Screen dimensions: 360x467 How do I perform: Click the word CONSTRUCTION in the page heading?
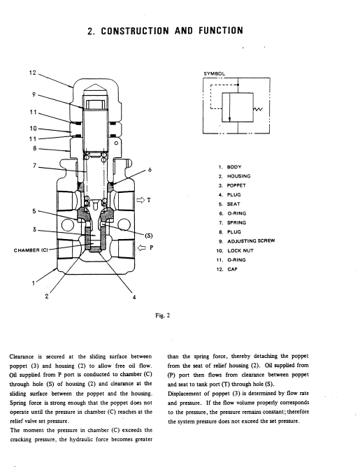tap(135, 31)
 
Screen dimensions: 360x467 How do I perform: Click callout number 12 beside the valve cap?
tap(32, 73)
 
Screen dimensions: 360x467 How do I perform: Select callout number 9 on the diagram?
tap(34, 94)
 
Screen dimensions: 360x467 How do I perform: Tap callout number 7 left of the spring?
tap(34, 165)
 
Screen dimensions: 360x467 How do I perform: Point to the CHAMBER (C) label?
tap(31, 250)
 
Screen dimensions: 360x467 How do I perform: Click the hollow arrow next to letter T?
tap(141, 200)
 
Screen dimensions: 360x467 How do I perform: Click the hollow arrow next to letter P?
tap(141, 247)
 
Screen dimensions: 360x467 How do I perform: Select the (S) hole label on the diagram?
tap(149, 236)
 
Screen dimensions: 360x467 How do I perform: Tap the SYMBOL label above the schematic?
tap(214, 73)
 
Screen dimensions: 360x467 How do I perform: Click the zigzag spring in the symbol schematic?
tap(258, 109)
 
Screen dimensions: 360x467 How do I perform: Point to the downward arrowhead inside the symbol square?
tap(229, 119)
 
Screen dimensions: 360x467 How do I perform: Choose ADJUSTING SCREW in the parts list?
tap(251, 241)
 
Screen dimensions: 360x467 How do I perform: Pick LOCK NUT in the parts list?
tap(240, 250)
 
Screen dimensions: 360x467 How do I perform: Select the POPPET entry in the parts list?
tap(236, 185)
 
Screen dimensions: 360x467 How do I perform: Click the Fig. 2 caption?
tap(163, 315)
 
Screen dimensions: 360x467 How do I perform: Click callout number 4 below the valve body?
tap(134, 297)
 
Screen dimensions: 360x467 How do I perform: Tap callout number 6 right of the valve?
tap(150, 170)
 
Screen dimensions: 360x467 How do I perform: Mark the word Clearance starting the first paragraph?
tap(22, 357)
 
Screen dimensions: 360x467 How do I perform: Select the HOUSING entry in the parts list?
tap(239, 176)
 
